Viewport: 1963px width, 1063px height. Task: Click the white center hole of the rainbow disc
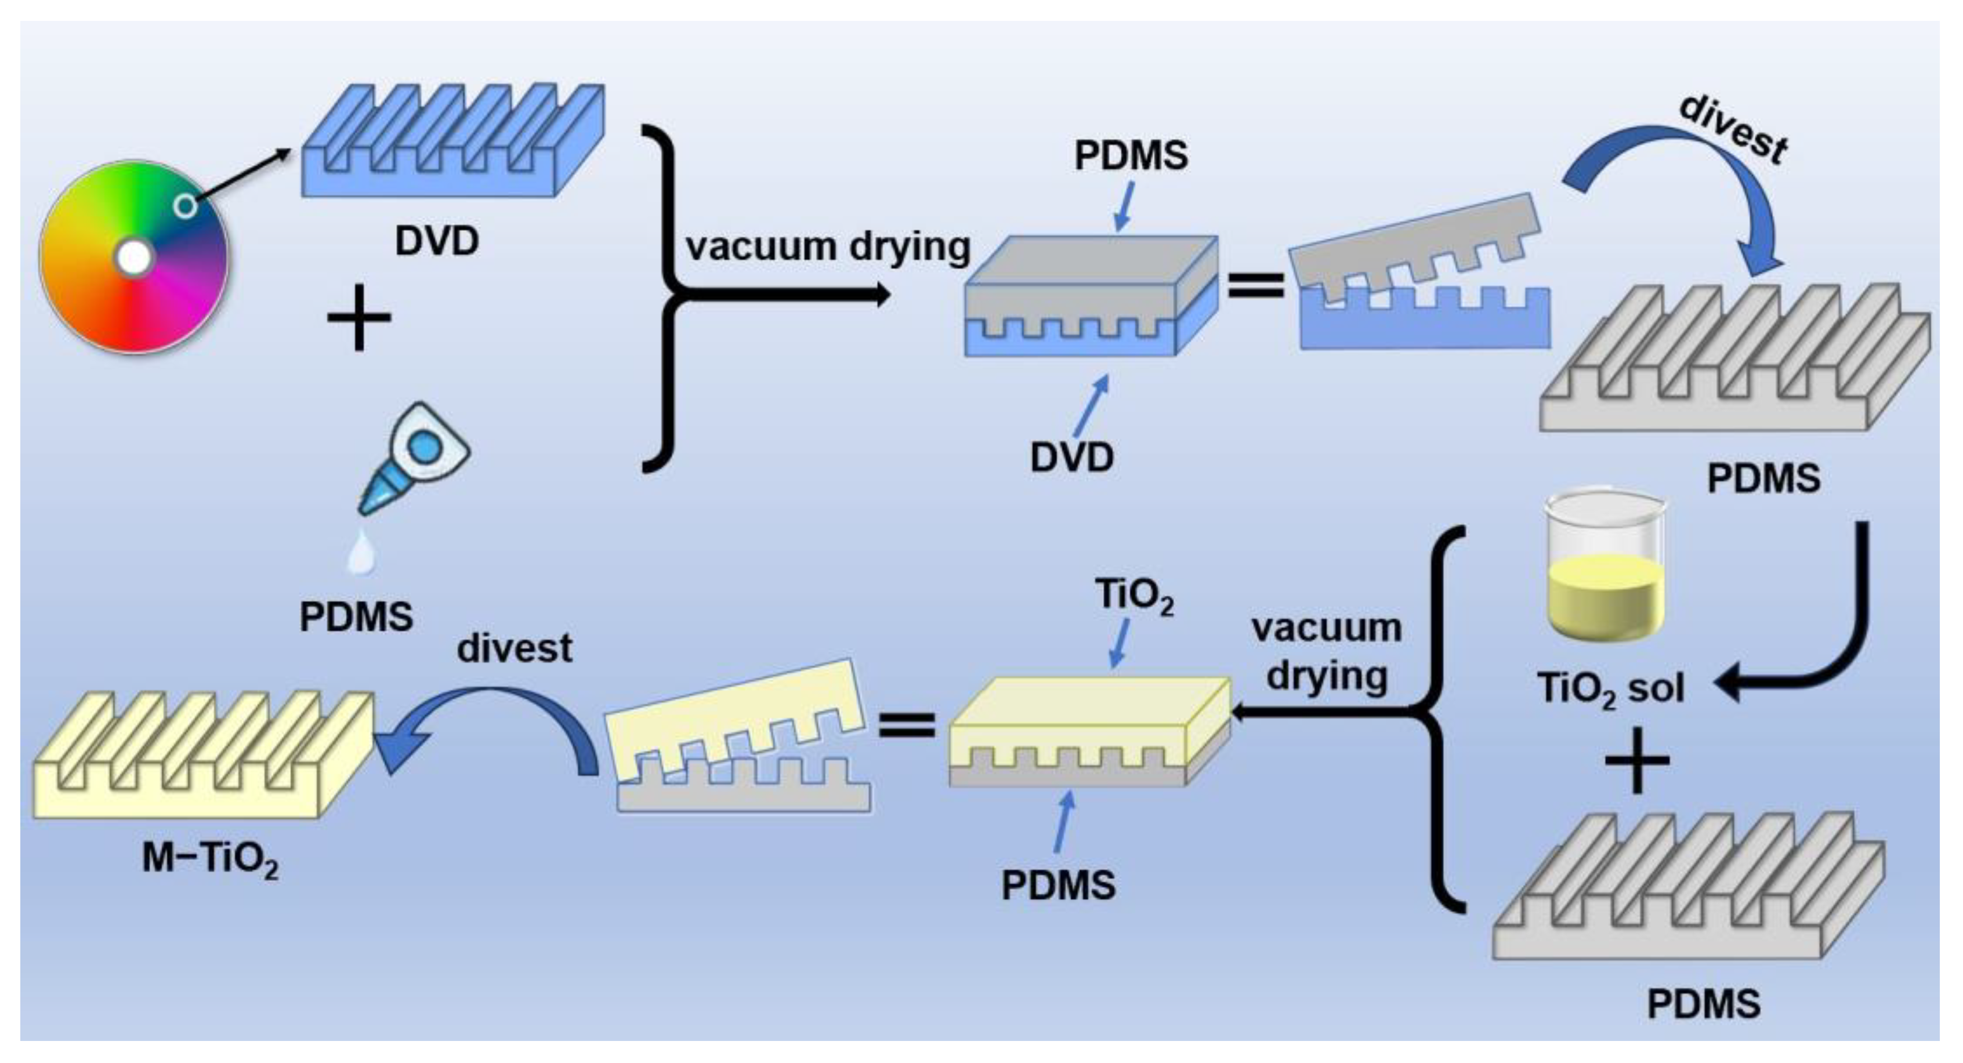134,258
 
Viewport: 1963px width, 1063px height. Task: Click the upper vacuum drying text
828,247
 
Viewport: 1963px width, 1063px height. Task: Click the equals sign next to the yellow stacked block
906,724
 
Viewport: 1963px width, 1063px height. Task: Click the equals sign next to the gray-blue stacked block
1256,286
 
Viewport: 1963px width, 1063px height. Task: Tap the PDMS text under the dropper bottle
356,616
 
